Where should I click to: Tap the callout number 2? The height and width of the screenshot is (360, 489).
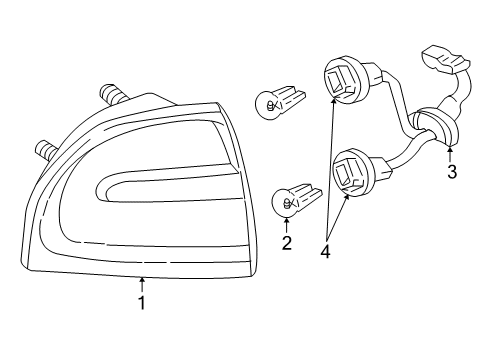288,242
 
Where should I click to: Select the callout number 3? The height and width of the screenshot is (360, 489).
451,172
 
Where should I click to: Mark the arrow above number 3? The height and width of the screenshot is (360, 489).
451,152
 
